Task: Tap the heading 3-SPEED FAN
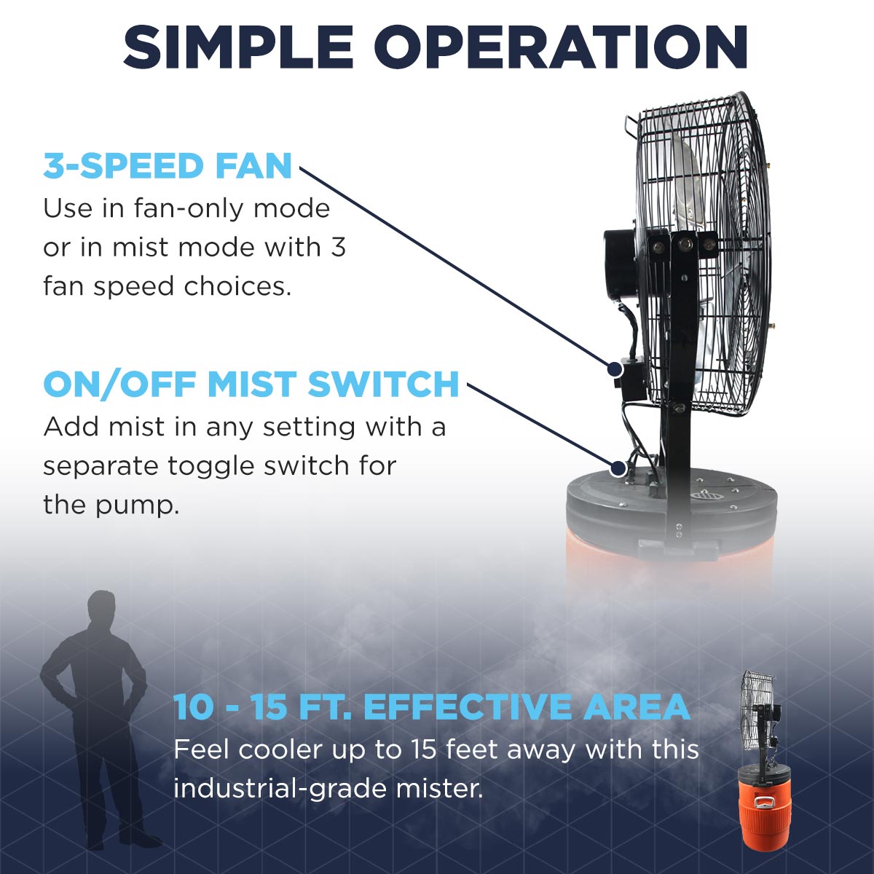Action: click(x=168, y=166)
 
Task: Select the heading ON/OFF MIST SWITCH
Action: click(x=251, y=385)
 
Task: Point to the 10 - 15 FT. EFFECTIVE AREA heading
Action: click(x=431, y=707)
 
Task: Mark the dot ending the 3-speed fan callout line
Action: click(x=615, y=370)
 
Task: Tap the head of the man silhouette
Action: click(x=102, y=608)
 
